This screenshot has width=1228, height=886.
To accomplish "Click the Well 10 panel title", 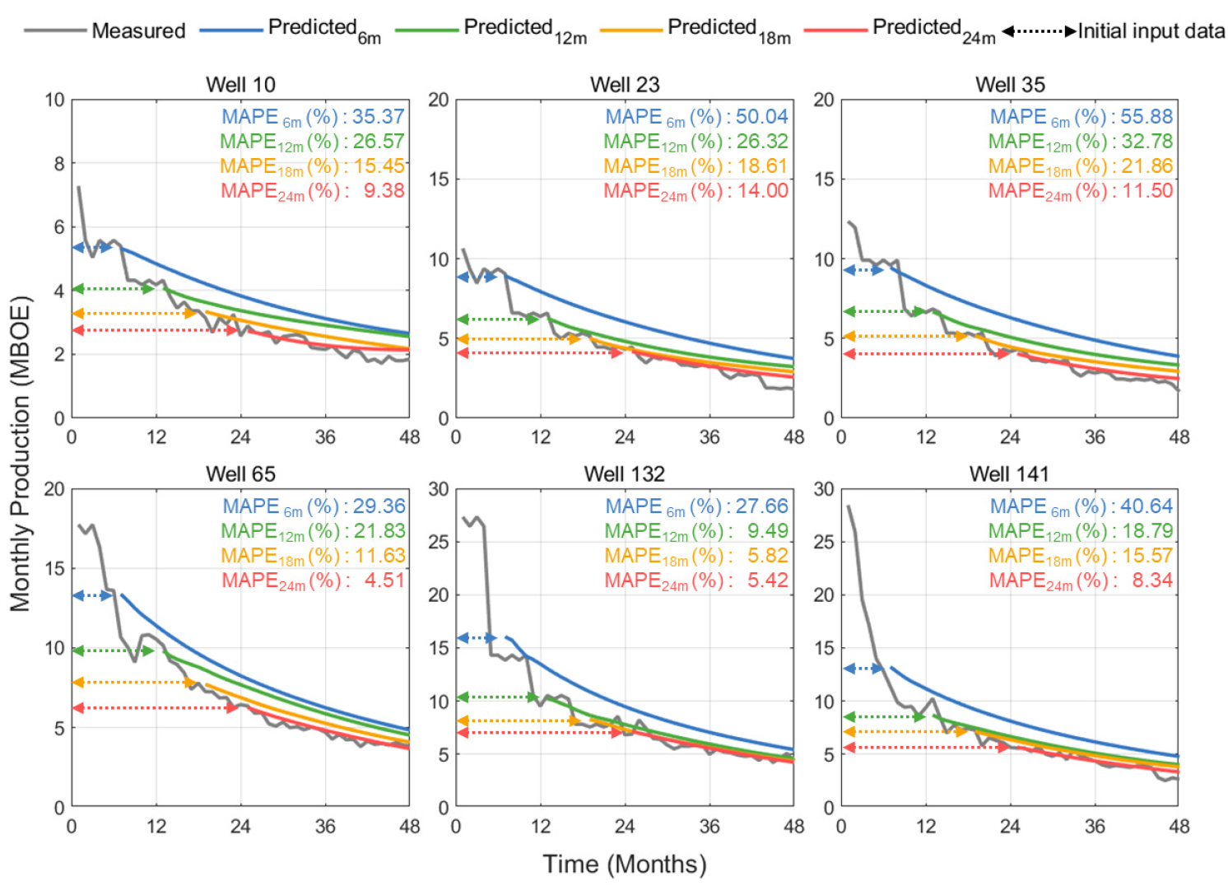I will pos(240,85).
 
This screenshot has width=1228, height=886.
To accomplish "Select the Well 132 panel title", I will pos(624,474).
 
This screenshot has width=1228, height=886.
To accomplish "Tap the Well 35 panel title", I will pos(1010,85).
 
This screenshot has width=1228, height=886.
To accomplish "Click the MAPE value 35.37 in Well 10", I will pos(379,117).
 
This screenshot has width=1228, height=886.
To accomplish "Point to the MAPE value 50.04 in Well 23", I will pos(762,117).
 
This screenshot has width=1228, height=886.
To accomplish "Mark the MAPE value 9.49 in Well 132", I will pos(768,531).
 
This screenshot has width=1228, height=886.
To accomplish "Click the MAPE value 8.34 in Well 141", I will pos(1152,581).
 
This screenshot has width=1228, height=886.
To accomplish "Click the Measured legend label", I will pos(138,31).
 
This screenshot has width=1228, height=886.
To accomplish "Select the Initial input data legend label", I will pos(1151,31).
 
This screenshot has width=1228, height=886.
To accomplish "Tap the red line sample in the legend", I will pos(835,30).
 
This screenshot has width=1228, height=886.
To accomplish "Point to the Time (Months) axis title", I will pos(624,865).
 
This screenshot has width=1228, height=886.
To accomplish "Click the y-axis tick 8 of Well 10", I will pos(59,164).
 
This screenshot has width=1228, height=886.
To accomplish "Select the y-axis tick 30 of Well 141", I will pos(824,489).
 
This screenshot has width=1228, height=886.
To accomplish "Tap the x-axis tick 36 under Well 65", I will pos(325,826).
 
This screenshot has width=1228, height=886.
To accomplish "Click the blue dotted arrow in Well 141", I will pos(863,669).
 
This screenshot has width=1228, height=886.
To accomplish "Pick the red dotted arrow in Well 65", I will pos(156,708).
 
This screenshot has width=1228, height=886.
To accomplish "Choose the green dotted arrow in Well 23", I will pos(498,319).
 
